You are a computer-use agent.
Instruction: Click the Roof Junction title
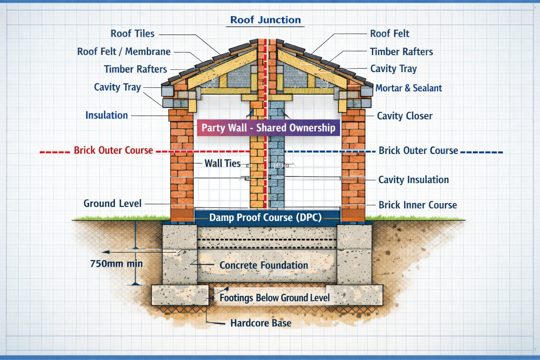click(265, 20)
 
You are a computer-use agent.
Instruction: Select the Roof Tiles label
click(133, 34)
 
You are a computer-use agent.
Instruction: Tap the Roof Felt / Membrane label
click(124, 52)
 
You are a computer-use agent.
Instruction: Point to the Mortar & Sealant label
click(409, 88)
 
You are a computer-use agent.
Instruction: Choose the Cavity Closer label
click(405, 116)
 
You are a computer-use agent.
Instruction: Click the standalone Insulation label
click(107, 115)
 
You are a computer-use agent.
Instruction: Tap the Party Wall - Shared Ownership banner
click(268, 128)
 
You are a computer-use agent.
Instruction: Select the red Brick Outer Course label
click(113, 150)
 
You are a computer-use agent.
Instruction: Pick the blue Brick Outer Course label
click(418, 151)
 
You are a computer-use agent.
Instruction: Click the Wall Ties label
click(223, 163)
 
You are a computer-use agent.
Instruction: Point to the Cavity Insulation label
click(413, 180)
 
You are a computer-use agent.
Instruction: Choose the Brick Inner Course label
click(418, 205)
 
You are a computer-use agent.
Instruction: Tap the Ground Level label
click(112, 204)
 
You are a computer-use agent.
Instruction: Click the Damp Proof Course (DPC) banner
click(265, 217)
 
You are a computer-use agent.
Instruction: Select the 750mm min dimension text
click(116, 264)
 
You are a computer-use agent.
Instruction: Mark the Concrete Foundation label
click(264, 265)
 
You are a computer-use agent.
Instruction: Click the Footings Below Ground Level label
click(275, 298)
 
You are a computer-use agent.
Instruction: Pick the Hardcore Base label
click(261, 323)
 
